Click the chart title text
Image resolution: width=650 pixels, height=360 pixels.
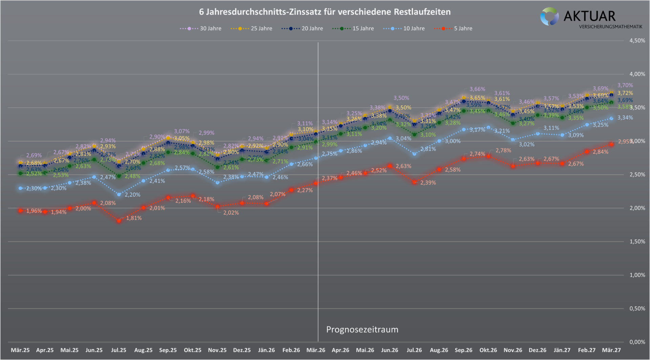click(325, 12)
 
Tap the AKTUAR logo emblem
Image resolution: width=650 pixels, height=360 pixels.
click(549, 16)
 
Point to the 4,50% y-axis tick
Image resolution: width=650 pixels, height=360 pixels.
click(637, 41)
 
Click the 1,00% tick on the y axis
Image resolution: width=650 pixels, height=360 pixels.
click(637, 275)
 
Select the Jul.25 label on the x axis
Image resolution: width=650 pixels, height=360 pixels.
click(118, 350)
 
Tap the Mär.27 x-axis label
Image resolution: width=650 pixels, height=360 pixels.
click(611, 350)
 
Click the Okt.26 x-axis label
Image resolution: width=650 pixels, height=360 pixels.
click(488, 350)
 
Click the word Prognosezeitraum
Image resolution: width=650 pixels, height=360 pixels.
click(362, 330)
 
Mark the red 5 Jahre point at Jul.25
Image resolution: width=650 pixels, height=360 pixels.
click(119, 221)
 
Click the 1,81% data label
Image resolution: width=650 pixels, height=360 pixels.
click(134, 218)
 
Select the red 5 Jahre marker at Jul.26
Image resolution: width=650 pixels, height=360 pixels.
click(414, 182)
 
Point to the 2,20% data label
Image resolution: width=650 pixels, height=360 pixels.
click(132, 195)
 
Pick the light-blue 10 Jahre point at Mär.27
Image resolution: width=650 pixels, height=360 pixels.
click(611, 119)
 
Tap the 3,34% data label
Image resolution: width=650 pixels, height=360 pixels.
click(625, 118)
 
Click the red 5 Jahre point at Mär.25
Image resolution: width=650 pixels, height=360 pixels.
click(20, 211)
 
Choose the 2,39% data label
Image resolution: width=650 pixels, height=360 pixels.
click(428, 183)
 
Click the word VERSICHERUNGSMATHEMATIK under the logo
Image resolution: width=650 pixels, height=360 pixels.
click(610, 26)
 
